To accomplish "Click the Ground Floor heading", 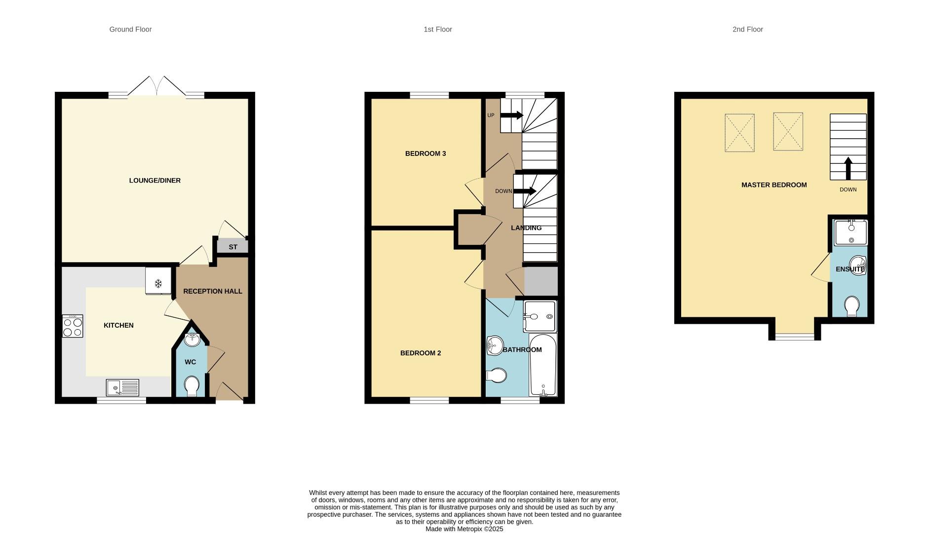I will (130, 30).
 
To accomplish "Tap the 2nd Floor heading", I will (747, 30).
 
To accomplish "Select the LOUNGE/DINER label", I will (155, 181).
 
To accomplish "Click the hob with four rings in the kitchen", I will (73, 326).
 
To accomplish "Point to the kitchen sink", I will (122, 387).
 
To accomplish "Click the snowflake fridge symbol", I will (158, 284).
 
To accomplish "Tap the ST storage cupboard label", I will (233, 247).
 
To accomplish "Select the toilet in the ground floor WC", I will (191, 386).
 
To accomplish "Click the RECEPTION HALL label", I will (213, 291).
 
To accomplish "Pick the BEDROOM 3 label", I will (426, 153).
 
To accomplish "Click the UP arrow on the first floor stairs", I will (512, 115).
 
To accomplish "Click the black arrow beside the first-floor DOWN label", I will (525, 191).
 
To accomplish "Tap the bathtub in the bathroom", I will (543, 365).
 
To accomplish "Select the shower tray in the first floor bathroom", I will (540, 316).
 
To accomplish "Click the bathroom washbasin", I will (494, 345).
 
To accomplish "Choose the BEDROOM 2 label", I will (421, 353).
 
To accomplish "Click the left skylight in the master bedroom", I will (739, 133).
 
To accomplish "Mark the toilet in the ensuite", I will (852, 306).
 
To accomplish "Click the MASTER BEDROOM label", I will (774, 185).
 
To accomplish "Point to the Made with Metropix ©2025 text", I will (464, 529).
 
